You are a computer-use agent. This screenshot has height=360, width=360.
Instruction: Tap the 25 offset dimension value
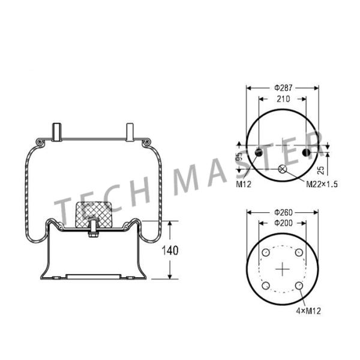(320, 170)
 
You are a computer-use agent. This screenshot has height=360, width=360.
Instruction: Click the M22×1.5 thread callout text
(322, 184)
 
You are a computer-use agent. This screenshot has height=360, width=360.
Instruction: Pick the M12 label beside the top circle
(243, 184)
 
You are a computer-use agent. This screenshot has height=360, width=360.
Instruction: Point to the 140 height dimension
(172, 250)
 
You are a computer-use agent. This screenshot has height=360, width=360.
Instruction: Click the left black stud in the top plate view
(259, 152)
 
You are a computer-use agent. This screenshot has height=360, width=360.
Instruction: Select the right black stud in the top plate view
(306, 152)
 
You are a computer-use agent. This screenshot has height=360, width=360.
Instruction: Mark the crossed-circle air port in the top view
(282, 170)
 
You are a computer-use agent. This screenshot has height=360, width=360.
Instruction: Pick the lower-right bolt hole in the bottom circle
(298, 286)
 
